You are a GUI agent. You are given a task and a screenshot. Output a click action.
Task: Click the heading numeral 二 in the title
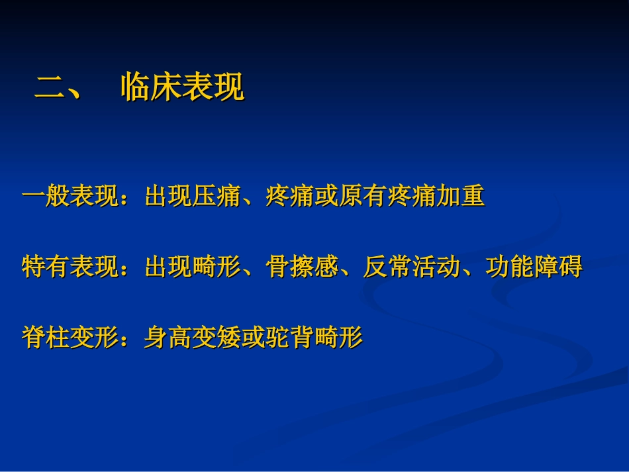point(47,87)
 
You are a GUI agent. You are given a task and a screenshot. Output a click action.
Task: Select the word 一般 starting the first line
point(46,197)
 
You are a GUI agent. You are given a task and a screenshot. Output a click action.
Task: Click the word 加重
point(462,197)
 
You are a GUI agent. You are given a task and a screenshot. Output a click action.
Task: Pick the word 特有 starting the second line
point(46,267)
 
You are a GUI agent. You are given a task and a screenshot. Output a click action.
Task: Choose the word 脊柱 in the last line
point(46,338)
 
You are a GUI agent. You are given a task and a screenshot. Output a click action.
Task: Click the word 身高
point(168,338)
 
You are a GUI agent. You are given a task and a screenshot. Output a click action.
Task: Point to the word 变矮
point(217,338)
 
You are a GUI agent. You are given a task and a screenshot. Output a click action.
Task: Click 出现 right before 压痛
point(168,197)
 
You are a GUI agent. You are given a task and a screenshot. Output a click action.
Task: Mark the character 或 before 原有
point(327,197)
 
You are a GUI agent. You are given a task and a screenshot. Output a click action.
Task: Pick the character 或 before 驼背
point(254,338)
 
